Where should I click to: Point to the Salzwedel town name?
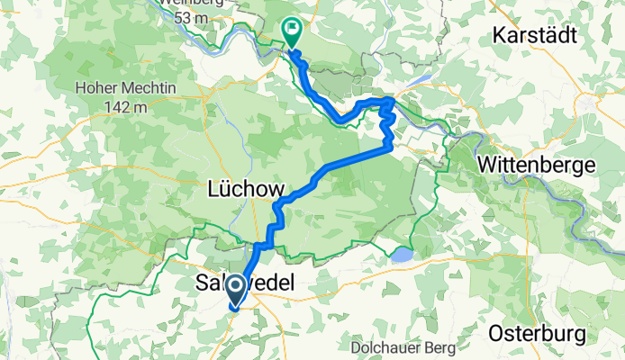coord(244,283)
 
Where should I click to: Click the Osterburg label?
coord(543,333)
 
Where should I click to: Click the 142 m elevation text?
coord(126,107)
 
